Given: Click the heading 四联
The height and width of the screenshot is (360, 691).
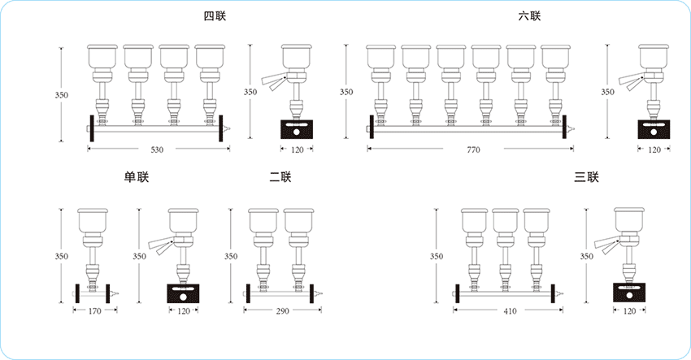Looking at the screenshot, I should click(215, 16).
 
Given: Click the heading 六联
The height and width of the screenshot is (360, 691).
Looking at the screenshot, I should click(529, 16).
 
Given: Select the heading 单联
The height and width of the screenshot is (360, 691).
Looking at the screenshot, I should click(137, 177).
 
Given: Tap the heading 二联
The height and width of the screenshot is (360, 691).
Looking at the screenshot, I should click(280, 177).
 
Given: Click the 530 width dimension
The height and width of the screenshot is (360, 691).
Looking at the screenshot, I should click(157, 150).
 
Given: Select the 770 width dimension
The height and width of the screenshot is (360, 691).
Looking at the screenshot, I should click(473, 150).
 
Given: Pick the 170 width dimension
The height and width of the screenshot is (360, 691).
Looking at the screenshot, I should click(95, 311).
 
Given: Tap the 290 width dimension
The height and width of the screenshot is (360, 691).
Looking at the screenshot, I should click(281, 311).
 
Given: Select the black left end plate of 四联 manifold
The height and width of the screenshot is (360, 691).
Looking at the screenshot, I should click(91, 127).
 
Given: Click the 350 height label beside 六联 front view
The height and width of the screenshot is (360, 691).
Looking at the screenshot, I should click(347, 93).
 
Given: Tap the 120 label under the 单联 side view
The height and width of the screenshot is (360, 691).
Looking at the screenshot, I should click(183, 311).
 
